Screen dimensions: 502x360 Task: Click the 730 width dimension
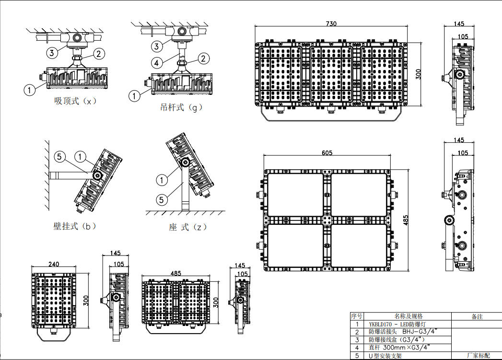(x=331, y=23)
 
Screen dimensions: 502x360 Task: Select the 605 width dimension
(x=327, y=153)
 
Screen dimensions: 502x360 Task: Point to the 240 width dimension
(x=54, y=264)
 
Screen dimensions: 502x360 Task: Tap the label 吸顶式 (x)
(x=75, y=101)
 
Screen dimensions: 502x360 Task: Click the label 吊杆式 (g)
(x=181, y=107)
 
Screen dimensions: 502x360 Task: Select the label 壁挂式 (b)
(x=75, y=226)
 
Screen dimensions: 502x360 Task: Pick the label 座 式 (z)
(x=187, y=227)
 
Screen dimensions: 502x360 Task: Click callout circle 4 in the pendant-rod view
(x=156, y=63)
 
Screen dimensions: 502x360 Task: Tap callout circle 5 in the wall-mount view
(x=59, y=157)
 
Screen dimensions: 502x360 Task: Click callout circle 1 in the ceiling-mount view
(x=30, y=90)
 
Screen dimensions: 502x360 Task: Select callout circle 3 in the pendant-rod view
(x=157, y=46)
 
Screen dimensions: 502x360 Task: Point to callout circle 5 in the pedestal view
(x=162, y=200)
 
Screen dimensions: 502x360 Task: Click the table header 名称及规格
(x=408, y=316)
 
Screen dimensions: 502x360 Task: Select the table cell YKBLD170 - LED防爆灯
(x=397, y=324)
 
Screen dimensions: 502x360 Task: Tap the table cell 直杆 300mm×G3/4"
(x=399, y=347)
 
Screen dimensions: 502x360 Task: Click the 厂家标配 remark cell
(x=479, y=355)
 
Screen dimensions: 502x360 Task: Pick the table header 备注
(x=477, y=316)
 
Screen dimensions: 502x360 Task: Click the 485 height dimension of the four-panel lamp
(x=406, y=220)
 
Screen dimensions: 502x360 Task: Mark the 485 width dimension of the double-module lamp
(x=176, y=273)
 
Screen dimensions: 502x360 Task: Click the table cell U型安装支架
(x=385, y=356)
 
